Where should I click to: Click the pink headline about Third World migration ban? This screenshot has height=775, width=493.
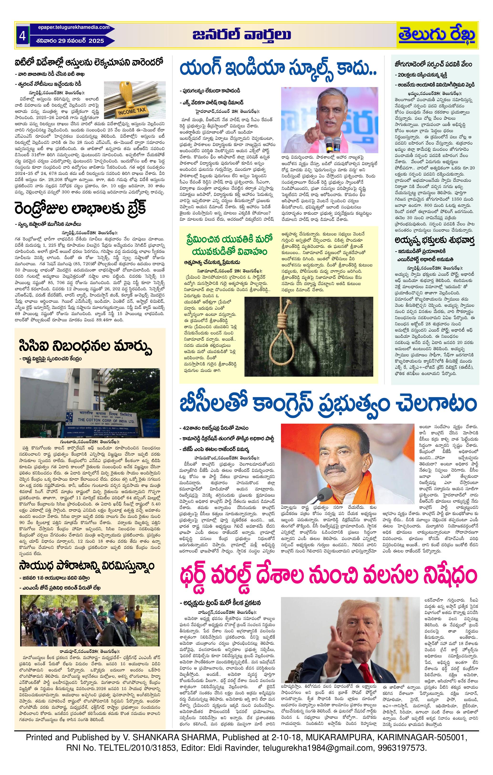[328, 577]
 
